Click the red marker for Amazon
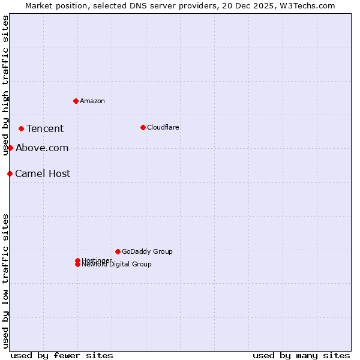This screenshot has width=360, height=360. pyautogui.click(x=76, y=101)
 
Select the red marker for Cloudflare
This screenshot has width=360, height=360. pyautogui.click(x=143, y=127)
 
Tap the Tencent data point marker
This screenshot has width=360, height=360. pyautogui.click(x=21, y=128)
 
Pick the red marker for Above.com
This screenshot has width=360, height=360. pyautogui.click(x=10, y=148)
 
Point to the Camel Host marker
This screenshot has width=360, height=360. pyautogui.click(x=10, y=173)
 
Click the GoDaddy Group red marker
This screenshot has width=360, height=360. pyautogui.click(x=118, y=251)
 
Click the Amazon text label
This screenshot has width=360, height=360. pyautogui.click(x=92, y=101)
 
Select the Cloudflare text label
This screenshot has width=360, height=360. pyautogui.click(x=163, y=127)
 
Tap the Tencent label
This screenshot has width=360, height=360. pyautogui.click(x=45, y=128)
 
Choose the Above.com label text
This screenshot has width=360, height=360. pyautogui.click(x=42, y=148)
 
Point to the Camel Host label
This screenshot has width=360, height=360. pyautogui.click(x=43, y=173)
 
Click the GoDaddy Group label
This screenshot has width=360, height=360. pyautogui.click(x=147, y=251)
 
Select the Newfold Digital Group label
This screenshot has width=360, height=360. pyautogui.click(x=116, y=265)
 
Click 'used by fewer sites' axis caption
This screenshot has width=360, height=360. pyautogui.click(x=62, y=355)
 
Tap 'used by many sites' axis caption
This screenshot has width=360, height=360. pyautogui.click(x=301, y=355)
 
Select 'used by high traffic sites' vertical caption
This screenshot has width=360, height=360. pyautogui.click(x=5, y=85)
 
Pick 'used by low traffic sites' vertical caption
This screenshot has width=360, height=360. pyautogui.click(x=5, y=280)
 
